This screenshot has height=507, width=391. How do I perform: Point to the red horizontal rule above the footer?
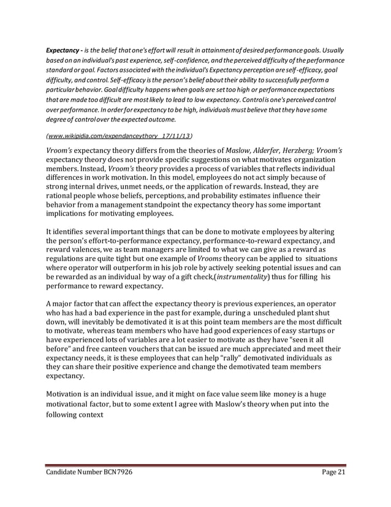tap(195, 465)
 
